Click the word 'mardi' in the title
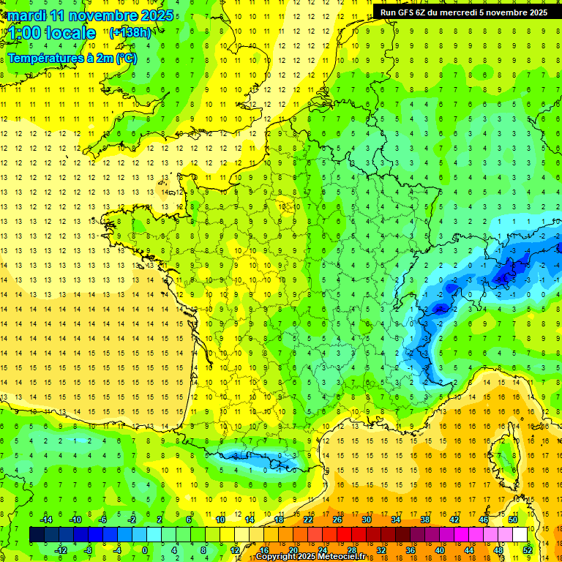click(28, 15)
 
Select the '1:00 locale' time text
click(53, 33)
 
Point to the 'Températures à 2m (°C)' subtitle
click(72, 59)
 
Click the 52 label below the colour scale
click(528, 550)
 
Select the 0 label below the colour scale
click(145, 550)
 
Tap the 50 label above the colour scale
click(513, 520)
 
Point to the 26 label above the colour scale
click(337, 520)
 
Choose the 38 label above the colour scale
click(424, 520)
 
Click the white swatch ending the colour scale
click(520, 535)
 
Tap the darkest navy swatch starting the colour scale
click(37, 535)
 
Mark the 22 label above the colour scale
click(308, 520)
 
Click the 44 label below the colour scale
click(469, 550)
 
